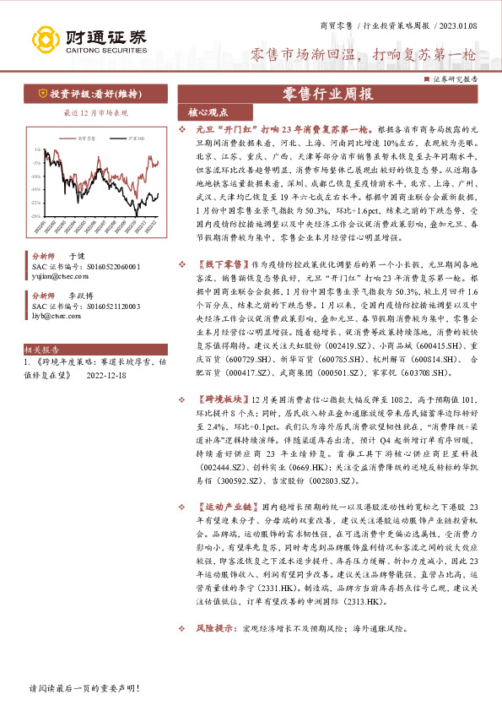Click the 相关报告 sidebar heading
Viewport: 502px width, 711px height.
42,348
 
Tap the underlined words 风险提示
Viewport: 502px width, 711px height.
214,629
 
